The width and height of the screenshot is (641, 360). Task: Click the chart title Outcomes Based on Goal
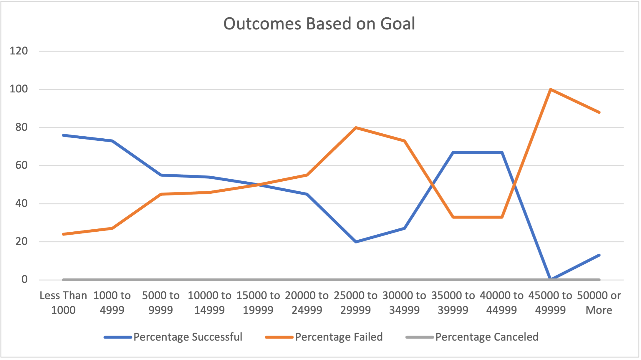coord(319,24)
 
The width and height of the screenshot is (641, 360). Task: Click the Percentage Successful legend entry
coord(188,337)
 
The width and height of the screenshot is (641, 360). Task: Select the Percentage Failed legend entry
coord(339,337)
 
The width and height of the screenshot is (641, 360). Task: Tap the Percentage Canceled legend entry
coord(487,337)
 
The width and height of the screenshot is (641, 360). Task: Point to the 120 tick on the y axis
coord(19,51)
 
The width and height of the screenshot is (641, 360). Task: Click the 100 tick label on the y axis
coord(19,89)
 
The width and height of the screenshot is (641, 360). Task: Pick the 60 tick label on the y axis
coord(21,165)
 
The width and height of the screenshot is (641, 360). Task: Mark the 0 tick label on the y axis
coord(24,279)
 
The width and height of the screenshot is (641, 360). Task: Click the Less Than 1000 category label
coord(63,303)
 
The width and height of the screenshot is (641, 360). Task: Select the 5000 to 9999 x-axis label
coord(161,303)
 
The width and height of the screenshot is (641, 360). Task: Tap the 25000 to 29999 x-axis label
coord(356,303)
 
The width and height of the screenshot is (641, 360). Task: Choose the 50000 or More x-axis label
coord(599,303)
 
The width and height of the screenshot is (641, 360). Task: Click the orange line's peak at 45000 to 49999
coord(550,89)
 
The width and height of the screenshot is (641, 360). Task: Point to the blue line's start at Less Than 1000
coord(64,135)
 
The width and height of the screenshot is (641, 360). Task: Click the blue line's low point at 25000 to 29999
coord(356,242)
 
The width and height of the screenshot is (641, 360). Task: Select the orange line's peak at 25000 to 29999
coord(356,127)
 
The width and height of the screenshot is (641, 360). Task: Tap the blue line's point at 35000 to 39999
coord(453,152)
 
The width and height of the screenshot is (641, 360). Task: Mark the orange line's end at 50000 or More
coord(599,112)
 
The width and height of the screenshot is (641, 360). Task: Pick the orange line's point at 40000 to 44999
coord(502,217)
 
